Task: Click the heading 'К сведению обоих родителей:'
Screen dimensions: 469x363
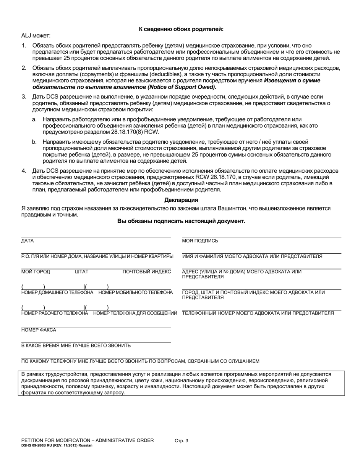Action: click(181, 29)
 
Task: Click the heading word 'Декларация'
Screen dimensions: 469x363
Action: click(181, 200)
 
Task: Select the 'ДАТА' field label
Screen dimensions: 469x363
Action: click(28, 241)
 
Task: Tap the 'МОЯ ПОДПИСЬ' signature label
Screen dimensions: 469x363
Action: click(200, 241)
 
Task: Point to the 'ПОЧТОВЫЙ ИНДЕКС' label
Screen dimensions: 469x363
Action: click(147, 271)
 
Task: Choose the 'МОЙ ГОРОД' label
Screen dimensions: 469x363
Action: click(36, 271)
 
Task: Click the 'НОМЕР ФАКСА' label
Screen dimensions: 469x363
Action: click(39, 330)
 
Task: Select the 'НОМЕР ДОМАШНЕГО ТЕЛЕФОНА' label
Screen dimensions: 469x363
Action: click(57, 292)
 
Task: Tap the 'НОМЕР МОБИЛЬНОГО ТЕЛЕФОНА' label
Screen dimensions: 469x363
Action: click(136, 292)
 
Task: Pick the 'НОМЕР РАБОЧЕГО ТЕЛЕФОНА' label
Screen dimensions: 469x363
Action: click(55, 313)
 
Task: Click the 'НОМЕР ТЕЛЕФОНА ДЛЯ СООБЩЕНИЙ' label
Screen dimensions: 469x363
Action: click(135, 313)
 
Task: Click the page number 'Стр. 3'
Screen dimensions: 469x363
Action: click(181, 441)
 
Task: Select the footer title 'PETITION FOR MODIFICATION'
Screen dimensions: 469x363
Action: click(88, 440)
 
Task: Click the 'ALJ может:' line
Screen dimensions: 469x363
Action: click(36, 36)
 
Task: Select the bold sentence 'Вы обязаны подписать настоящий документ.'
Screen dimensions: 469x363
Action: click(181, 221)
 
